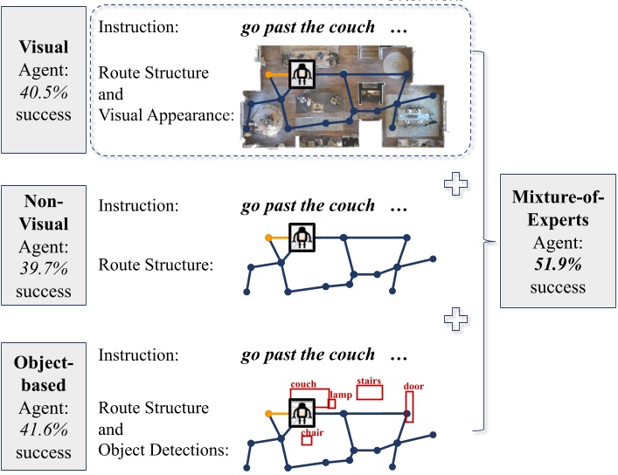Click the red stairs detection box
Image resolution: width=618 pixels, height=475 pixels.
(370, 391)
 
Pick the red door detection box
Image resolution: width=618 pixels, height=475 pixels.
(408, 405)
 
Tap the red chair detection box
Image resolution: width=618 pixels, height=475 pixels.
(307, 439)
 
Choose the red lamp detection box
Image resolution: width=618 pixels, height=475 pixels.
(332, 403)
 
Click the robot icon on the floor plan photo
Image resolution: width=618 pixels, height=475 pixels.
(302, 74)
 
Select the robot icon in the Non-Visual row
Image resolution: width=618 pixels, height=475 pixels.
(302, 236)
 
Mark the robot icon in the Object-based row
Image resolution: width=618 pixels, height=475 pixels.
(302, 413)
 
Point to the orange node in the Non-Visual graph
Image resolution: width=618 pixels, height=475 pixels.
(267, 237)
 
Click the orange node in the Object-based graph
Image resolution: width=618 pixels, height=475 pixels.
(267, 414)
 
